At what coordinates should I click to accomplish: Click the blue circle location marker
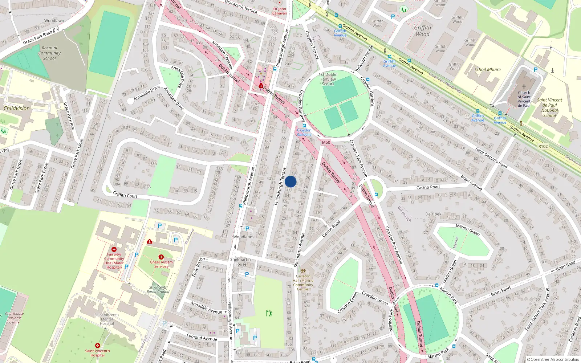290,181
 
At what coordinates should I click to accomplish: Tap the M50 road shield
326,142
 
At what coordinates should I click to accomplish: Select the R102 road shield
543,146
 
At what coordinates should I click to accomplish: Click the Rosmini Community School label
49,53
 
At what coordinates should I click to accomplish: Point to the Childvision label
17,108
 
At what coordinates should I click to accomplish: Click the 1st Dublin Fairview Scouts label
328,79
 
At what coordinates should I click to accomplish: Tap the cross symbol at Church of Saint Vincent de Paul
524,87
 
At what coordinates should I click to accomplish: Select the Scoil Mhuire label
487,69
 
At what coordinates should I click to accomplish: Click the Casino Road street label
428,187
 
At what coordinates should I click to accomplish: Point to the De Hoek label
433,214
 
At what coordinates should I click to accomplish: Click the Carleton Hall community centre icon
303,271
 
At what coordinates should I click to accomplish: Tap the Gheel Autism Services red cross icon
161,257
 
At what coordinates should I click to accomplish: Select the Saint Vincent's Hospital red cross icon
97,346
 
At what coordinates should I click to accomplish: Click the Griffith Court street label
125,195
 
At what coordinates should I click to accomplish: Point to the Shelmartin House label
240,262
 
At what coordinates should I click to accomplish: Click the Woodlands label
244,237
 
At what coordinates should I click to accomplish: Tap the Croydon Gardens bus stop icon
304,126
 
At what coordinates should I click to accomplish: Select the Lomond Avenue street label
202,337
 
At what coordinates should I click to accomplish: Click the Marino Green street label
468,230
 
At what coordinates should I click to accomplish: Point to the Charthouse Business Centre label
15,318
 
